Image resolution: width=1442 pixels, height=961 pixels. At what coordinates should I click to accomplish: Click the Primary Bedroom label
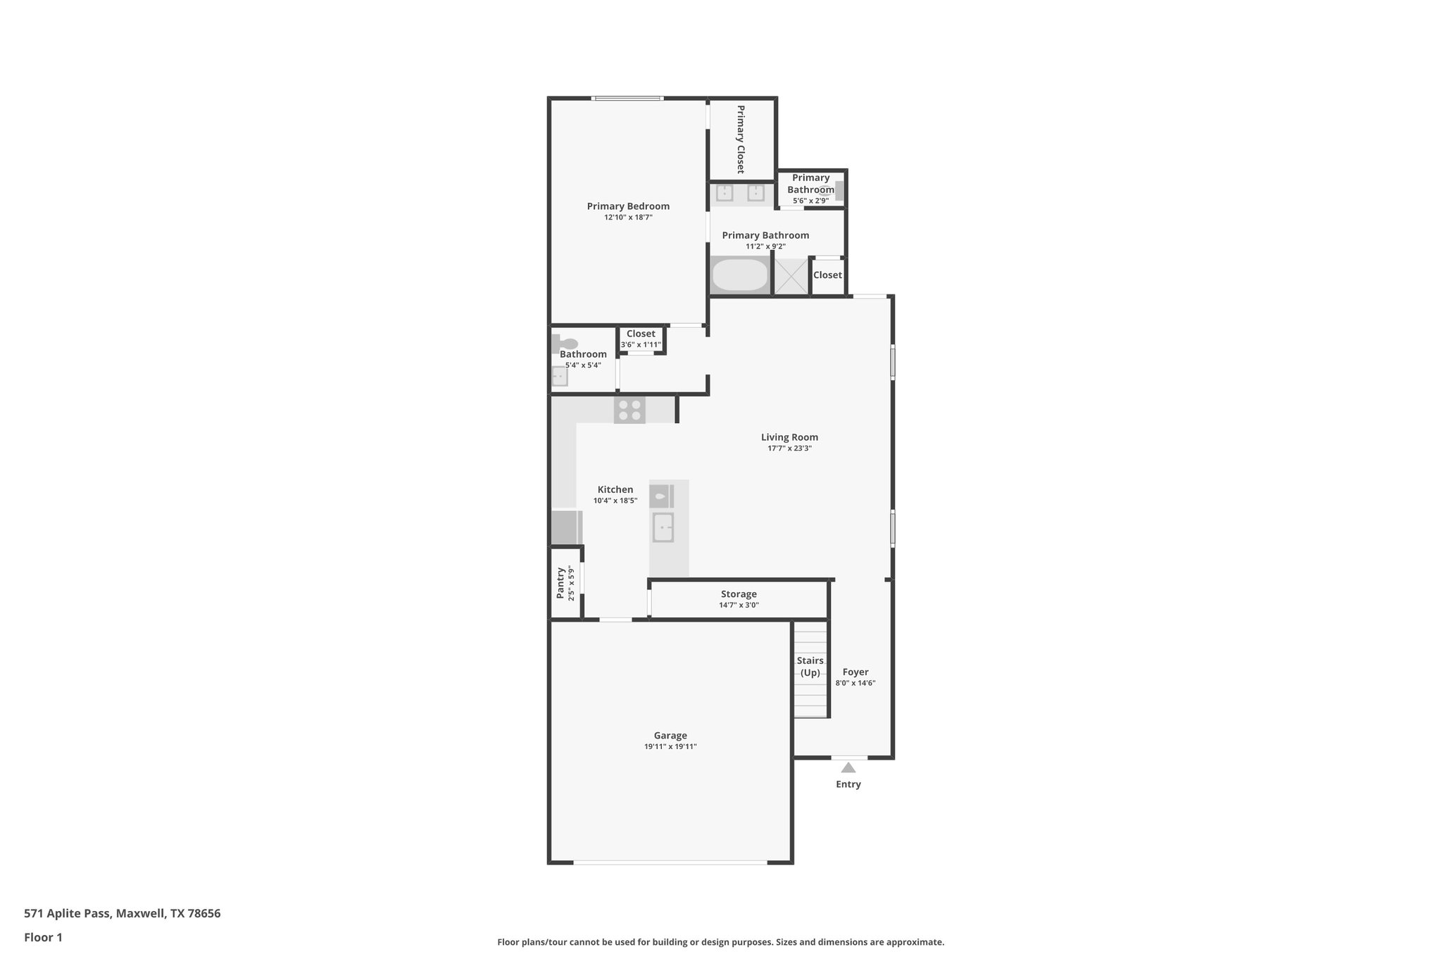pos(628,206)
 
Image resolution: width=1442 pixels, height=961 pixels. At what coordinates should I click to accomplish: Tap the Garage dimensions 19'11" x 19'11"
pos(670,747)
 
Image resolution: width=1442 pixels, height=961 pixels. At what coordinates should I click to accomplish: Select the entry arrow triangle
pos(848,768)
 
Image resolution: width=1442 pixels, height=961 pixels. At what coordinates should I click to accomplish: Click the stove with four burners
pos(629,410)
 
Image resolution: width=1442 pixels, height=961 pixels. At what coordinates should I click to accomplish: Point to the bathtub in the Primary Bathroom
pos(739,275)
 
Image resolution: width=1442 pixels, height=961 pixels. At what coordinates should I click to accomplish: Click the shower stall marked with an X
pos(791,276)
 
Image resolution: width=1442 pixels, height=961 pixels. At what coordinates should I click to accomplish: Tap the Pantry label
pos(560,583)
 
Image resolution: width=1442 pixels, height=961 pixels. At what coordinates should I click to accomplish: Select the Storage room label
pos(739,594)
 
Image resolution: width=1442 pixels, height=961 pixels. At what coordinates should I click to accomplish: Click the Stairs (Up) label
pos(810,666)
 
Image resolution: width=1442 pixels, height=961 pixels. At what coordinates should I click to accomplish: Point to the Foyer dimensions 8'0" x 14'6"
pos(855,683)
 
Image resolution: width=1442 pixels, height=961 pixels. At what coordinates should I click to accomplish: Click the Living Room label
pos(789,437)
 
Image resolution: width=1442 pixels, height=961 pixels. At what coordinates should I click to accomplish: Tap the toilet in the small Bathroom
pos(566,344)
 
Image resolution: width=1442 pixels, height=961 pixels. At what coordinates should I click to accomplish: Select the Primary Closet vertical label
pos(741,139)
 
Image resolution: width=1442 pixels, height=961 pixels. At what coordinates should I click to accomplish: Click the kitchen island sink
pos(663,527)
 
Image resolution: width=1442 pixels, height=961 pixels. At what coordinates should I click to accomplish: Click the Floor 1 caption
pos(43,938)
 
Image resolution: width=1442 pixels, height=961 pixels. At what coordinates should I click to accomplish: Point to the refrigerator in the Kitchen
pos(565,527)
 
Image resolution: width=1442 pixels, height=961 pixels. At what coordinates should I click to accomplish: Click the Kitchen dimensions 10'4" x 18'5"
pos(615,501)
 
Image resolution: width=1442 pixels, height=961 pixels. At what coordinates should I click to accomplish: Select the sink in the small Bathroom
pos(560,377)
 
